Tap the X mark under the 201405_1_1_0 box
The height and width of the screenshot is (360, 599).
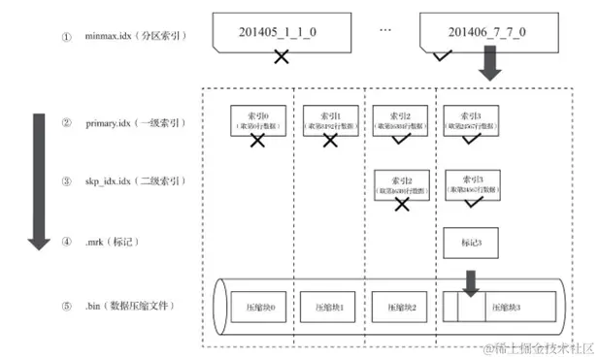[x=282, y=57]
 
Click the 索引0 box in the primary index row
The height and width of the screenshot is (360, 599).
[x=257, y=120]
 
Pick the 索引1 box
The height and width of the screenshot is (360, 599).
[x=329, y=120]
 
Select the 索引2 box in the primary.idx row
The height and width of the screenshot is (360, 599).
[x=400, y=120]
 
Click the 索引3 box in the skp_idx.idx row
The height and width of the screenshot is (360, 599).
[x=471, y=182]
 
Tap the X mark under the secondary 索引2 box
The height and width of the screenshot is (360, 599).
[x=400, y=205]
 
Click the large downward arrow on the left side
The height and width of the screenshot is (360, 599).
[x=39, y=180]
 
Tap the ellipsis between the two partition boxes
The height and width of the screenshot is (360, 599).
[x=384, y=31]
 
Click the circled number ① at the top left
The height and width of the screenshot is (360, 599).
[x=67, y=38]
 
